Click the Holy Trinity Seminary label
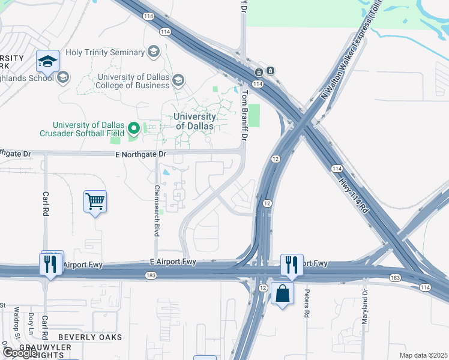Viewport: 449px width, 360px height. pyautogui.click(x=105, y=52)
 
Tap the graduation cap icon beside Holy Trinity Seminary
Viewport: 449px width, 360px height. pyautogui.click(x=153, y=52)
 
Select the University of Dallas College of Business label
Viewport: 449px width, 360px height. pyautogui.click(x=133, y=81)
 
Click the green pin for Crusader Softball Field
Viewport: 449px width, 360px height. pyautogui.click(x=133, y=128)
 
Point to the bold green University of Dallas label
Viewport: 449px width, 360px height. pyautogui.click(x=194, y=121)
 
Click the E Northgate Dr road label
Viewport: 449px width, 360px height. pyautogui.click(x=140, y=154)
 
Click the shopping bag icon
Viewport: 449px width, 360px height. pyautogui.click(x=282, y=293)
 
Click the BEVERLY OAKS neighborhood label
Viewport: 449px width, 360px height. pyautogui.click(x=90, y=337)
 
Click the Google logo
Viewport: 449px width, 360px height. pyautogui.click(x=19, y=353)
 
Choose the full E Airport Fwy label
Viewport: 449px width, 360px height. pyautogui.click(x=173, y=262)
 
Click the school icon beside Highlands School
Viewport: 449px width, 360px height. pyautogui.click(x=63, y=77)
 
